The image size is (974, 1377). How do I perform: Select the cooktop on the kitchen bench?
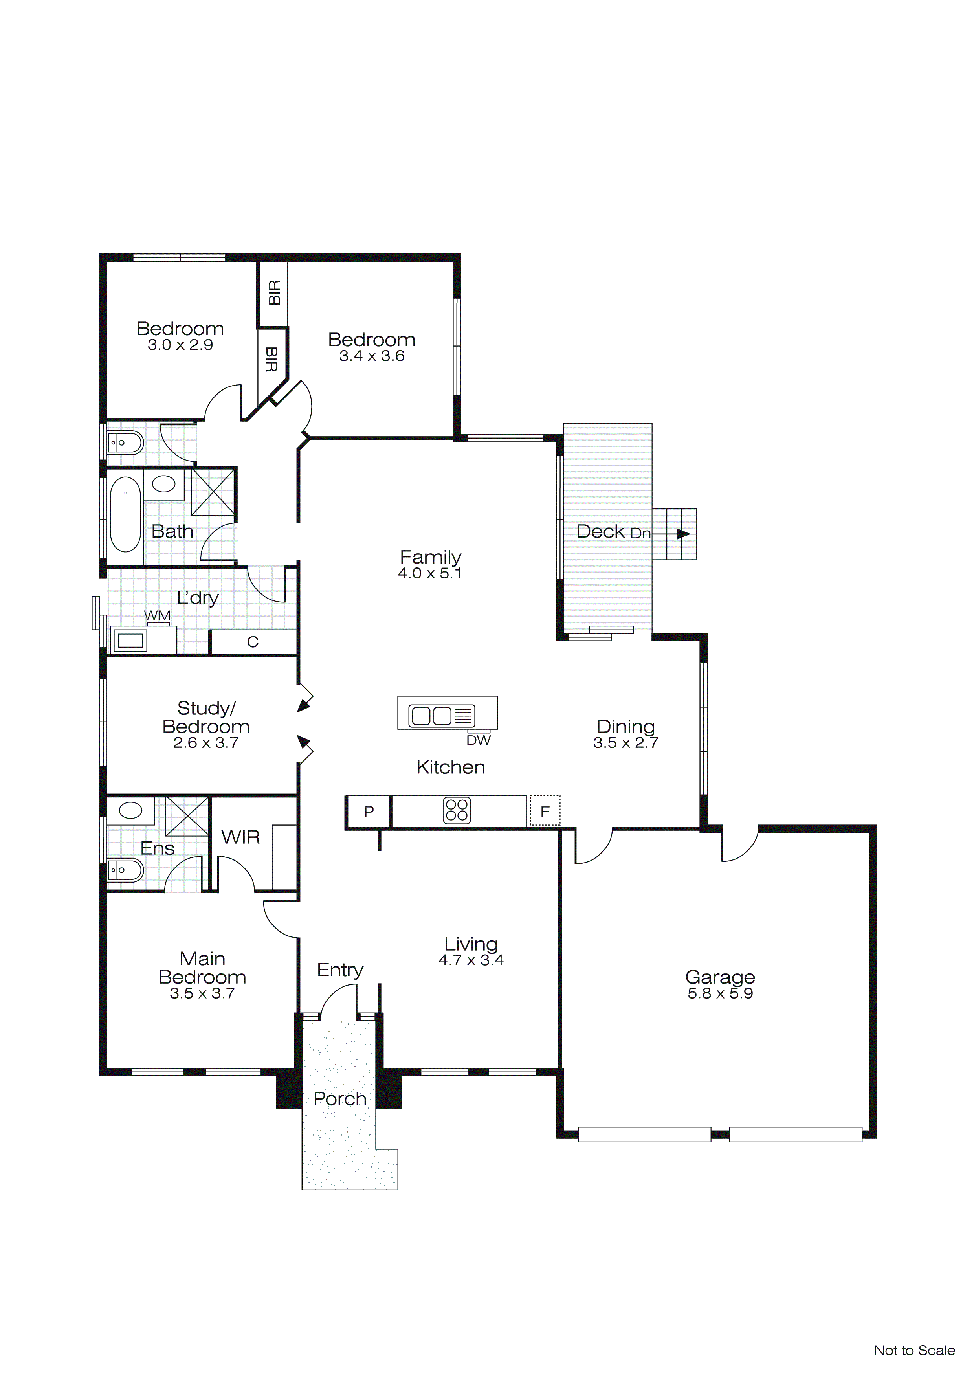(457, 811)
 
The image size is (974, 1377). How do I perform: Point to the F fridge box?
(545, 812)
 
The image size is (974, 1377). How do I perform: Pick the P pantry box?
(369, 812)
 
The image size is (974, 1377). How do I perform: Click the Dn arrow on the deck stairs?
(682, 534)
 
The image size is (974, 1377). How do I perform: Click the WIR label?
(240, 837)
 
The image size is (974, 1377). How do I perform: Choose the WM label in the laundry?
(157, 615)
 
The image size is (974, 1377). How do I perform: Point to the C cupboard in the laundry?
(253, 642)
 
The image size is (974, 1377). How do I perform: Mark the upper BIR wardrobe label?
(274, 293)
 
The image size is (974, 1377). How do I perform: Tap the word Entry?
(340, 970)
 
